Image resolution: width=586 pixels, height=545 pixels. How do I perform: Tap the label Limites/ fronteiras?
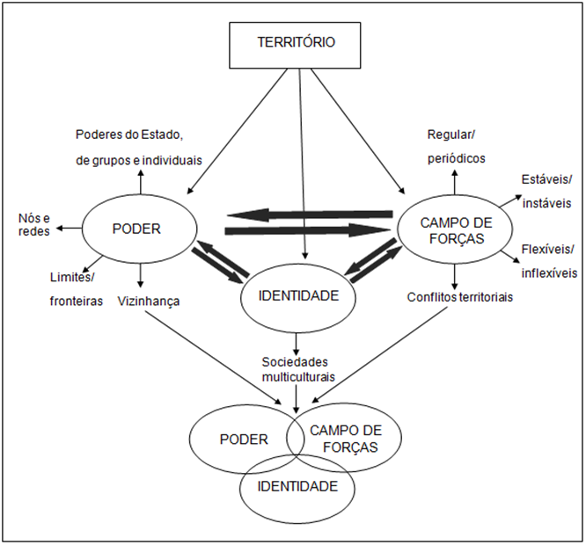77,289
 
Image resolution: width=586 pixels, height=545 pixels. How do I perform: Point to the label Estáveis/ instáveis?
543,192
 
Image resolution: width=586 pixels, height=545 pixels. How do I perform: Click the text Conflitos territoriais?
459,297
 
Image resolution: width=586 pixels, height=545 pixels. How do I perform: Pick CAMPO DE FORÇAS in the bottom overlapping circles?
346,438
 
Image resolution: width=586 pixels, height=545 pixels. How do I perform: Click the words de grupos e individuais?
139,160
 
